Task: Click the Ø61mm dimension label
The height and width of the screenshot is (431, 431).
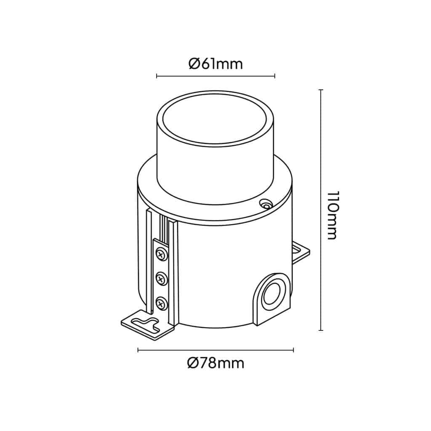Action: (x=215, y=64)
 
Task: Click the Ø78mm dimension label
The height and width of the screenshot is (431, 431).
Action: (x=215, y=363)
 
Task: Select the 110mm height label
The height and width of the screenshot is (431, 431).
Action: (x=333, y=215)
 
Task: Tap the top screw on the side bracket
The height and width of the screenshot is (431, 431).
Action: (x=161, y=254)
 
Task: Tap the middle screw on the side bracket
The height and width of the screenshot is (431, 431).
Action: (x=160, y=278)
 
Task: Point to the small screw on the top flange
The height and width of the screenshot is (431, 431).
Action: (x=265, y=205)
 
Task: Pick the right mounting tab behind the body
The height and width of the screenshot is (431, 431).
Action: (x=301, y=253)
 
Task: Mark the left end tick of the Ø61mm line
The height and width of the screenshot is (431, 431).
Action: (x=157, y=76)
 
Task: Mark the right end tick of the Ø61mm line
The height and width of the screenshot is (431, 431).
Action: (x=274, y=76)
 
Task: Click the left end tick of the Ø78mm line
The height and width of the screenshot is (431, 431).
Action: (x=138, y=350)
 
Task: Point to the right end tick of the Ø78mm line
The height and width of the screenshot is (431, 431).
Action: (x=293, y=350)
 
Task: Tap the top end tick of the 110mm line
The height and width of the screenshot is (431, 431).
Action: (x=321, y=90)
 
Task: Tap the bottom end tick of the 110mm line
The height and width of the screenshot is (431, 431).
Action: (x=321, y=330)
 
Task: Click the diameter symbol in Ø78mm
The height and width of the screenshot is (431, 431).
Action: (x=193, y=363)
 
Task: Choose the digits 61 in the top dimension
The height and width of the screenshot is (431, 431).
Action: (x=205, y=64)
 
